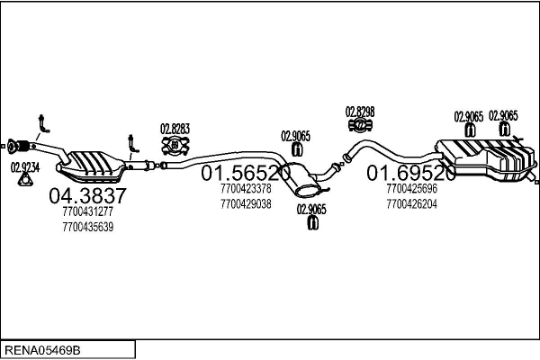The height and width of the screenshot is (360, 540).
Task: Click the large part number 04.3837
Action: coord(87,195)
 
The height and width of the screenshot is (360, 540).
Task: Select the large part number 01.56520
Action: coord(245,173)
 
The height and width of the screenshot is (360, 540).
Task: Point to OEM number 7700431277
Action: coord(88,211)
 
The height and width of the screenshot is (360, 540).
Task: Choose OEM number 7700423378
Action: coord(245,190)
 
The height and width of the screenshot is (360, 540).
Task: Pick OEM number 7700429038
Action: coord(245,203)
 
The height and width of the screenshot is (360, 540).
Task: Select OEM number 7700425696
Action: coord(410,190)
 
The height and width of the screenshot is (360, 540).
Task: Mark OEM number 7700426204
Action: coord(410,203)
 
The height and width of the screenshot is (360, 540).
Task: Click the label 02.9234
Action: coord(25,166)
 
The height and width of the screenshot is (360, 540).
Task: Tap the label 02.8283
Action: coord(175,128)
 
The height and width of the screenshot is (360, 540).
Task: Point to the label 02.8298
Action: coord(360,112)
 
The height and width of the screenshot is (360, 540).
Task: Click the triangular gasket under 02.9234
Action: coord(25,181)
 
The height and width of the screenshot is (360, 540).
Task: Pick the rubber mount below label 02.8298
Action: coord(360,127)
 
